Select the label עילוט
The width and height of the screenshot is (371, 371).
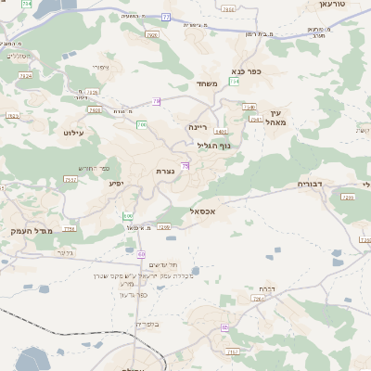point(74,133)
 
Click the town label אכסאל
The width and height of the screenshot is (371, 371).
point(201,211)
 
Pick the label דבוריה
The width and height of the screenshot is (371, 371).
point(311,184)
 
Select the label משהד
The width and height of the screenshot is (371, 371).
point(208,83)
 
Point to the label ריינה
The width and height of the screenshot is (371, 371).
point(199,126)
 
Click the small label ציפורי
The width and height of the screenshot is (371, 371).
point(102,67)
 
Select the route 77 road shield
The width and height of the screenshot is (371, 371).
point(165,17)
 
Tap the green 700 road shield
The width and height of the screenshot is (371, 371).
point(142,124)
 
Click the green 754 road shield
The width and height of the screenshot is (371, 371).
point(235,82)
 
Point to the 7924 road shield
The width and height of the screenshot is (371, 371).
point(25,76)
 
